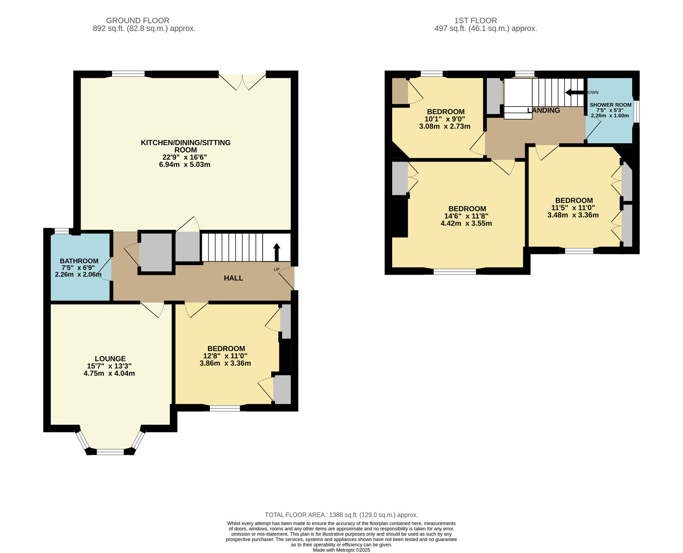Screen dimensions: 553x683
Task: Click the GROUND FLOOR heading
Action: (x=138, y=20)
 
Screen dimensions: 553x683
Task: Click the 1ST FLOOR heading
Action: (x=475, y=20)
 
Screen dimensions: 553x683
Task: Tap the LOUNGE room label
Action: (x=110, y=359)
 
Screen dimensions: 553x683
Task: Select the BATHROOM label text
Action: (x=79, y=261)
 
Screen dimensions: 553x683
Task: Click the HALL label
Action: (x=233, y=278)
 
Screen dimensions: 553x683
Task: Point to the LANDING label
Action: (x=543, y=110)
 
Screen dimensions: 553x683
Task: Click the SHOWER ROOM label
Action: (x=610, y=105)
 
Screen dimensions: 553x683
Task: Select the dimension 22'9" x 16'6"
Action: (x=185, y=157)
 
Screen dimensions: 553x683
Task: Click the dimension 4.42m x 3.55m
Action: (x=466, y=223)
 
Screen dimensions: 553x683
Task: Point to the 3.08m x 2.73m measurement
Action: (x=445, y=126)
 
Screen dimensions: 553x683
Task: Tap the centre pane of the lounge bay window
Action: (x=110, y=452)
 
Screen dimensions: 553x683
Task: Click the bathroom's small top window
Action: (x=61, y=232)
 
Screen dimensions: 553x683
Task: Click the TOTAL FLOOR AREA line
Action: (x=341, y=515)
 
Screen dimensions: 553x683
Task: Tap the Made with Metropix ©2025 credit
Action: (x=341, y=550)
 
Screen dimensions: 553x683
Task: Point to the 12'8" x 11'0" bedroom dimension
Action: (x=225, y=356)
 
